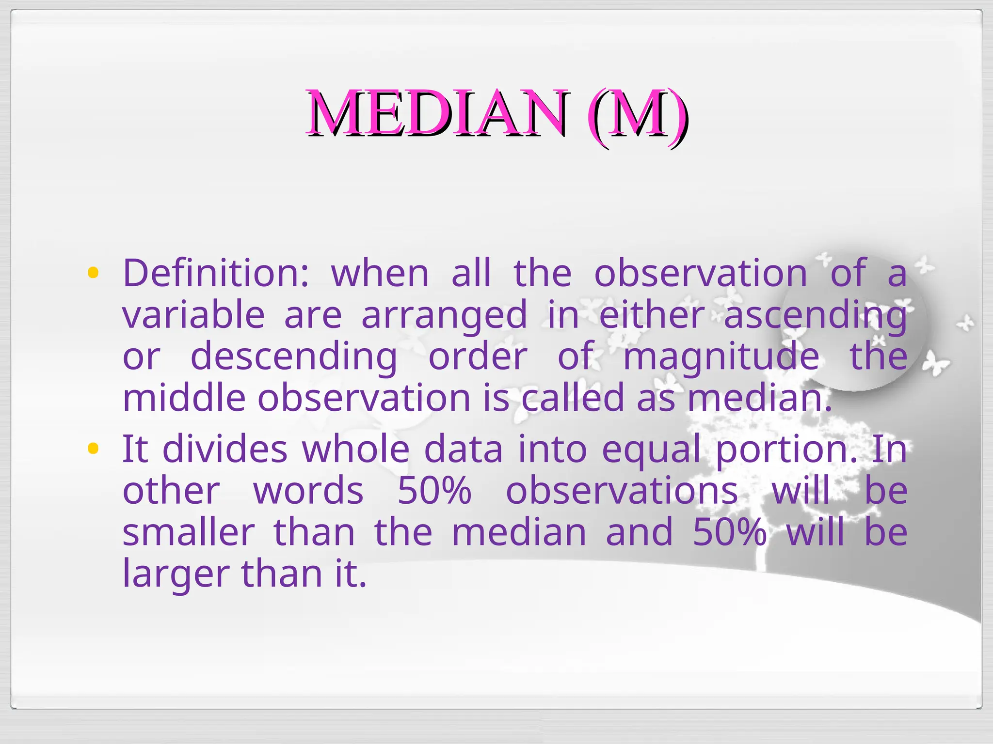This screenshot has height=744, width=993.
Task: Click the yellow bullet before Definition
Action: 93,273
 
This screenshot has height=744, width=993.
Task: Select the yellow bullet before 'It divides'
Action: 93,449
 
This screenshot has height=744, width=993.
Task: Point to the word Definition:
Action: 216,273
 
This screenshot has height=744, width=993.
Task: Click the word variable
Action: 193,315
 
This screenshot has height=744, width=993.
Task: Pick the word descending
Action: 294,356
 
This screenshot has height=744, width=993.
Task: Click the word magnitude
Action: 721,356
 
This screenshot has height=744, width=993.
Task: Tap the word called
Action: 573,398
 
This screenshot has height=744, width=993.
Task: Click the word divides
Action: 224,449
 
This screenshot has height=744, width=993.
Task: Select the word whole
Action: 356,449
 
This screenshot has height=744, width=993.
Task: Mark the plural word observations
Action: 622,491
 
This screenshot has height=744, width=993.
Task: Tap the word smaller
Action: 189,532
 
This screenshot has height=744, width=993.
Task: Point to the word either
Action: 652,315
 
